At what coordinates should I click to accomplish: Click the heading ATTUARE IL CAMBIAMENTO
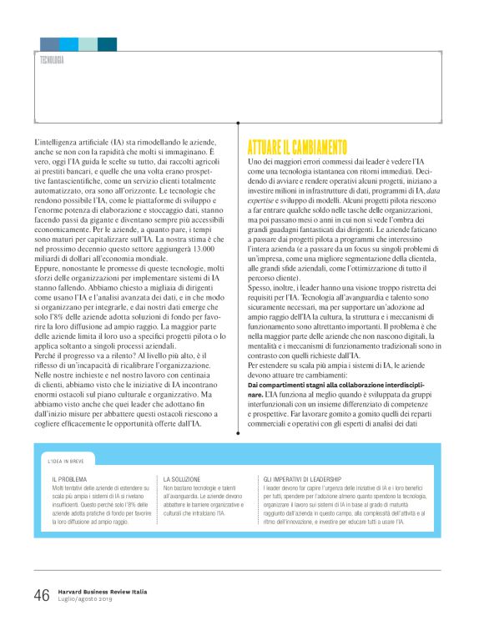click(297, 148)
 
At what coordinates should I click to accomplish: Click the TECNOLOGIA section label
click(52, 60)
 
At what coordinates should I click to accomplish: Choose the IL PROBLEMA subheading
click(69, 478)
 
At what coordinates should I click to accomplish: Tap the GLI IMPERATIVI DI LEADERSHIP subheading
click(304, 478)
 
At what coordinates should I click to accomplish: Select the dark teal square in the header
click(107, 44)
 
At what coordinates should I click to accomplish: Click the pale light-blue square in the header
click(88, 44)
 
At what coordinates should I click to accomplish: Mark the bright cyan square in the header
click(69, 44)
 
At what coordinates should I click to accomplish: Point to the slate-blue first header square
click(49, 44)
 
